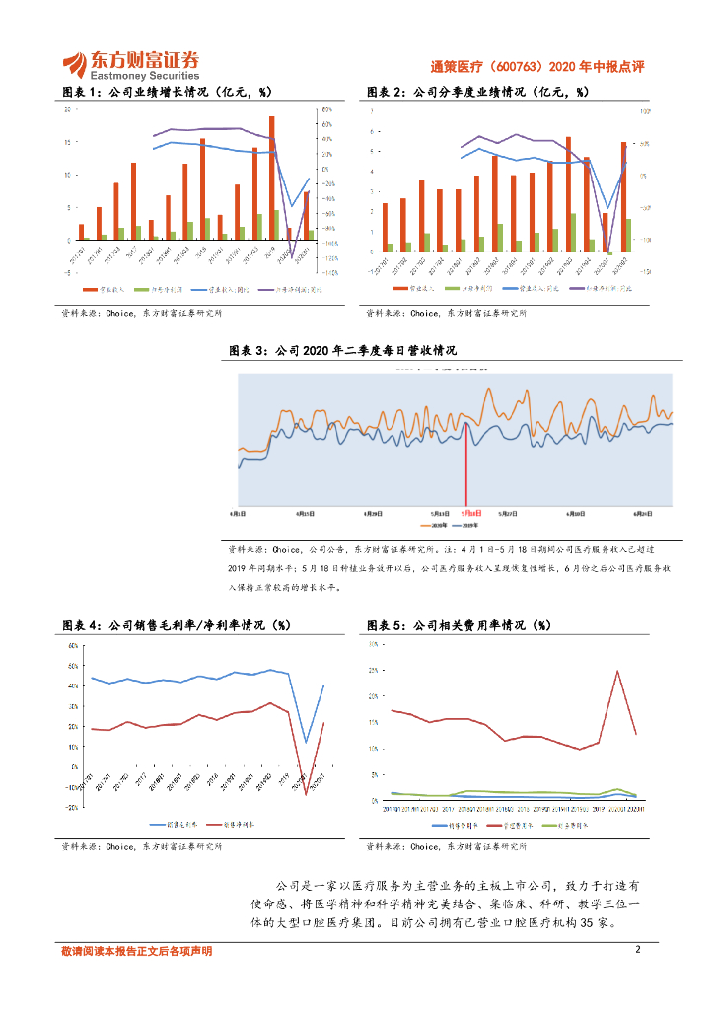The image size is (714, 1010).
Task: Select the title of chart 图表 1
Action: (x=167, y=92)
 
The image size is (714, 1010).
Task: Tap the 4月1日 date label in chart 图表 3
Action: (x=238, y=514)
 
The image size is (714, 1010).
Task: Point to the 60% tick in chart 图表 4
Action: (x=72, y=646)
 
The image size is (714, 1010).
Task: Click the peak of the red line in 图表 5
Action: (x=617, y=672)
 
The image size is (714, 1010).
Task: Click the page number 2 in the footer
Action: (x=638, y=950)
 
